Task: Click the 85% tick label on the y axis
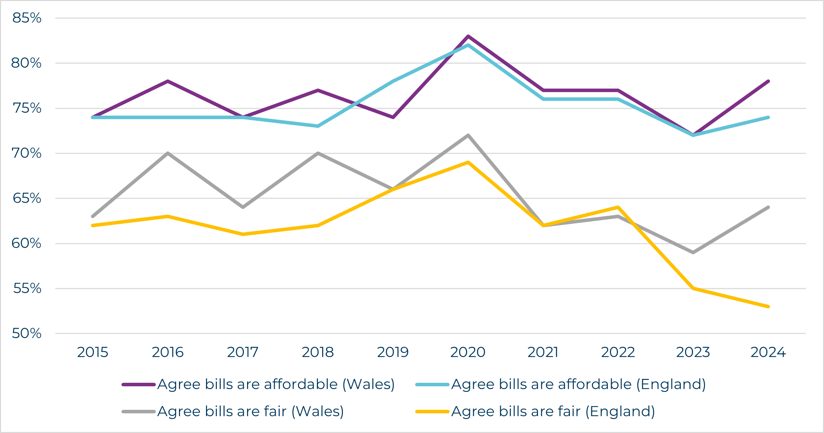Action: tap(27, 18)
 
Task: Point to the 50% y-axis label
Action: tap(27, 333)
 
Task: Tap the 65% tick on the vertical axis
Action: tap(27, 198)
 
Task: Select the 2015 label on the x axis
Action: tap(93, 352)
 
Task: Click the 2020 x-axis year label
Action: tap(468, 352)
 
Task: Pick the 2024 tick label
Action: tap(768, 352)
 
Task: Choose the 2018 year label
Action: tap(318, 352)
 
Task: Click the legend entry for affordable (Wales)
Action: tap(276, 384)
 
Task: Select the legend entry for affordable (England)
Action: tap(578, 384)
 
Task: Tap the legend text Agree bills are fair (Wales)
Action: tap(251, 411)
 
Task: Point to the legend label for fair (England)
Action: tap(553, 411)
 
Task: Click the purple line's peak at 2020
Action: tap(468, 36)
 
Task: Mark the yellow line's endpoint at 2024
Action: tap(768, 307)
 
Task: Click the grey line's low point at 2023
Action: tap(693, 252)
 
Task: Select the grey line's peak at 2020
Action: tap(468, 135)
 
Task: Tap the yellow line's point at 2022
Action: tap(618, 207)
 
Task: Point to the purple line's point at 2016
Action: tap(168, 81)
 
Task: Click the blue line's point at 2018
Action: tap(318, 126)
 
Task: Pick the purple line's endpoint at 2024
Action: tap(768, 81)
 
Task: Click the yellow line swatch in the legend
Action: tap(432, 412)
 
